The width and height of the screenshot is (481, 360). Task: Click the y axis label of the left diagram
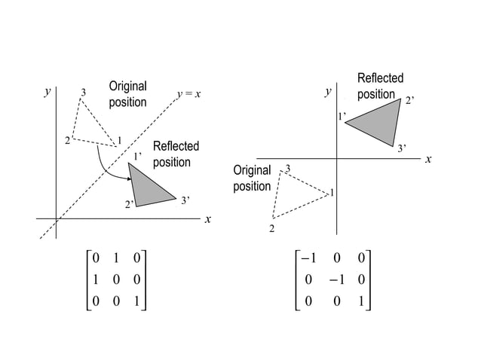click(47, 92)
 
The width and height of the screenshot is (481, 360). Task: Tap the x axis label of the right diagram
click(427, 159)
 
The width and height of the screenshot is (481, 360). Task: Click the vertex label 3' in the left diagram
click(185, 200)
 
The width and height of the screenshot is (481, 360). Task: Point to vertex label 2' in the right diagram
click(411, 100)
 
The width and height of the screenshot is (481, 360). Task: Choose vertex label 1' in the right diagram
click(341, 116)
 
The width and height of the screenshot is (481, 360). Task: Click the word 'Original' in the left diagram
click(127, 86)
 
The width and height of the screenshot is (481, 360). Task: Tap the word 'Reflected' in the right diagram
click(380, 78)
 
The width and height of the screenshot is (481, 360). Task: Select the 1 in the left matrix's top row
click(115, 258)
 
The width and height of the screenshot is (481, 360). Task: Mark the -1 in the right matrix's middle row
click(336, 280)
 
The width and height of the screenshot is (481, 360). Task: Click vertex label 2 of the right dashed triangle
click(271, 227)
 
